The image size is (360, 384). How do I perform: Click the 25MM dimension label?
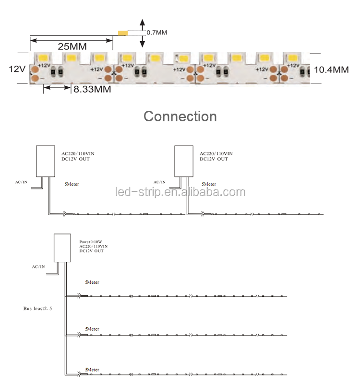point(72,47)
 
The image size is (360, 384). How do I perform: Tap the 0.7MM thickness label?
point(156,33)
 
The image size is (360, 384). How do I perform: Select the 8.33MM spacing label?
point(92,89)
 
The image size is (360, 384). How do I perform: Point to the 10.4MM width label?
point(331,70)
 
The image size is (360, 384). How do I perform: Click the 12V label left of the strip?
point(17,69)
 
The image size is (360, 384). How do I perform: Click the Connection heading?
point(180,116)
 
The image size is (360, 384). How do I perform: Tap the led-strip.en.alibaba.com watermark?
point(180,192)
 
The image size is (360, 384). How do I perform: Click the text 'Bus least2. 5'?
point(37,309)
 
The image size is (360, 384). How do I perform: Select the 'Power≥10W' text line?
point(91,242)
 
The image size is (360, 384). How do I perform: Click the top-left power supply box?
point(46,161)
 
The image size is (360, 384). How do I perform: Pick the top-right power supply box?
point(184,161)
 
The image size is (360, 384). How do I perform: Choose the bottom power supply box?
point(62,248)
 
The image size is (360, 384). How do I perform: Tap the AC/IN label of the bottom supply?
point(38,267)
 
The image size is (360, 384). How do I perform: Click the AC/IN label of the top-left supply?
point(21,182)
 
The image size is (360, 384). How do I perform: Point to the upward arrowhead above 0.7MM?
point(142,22)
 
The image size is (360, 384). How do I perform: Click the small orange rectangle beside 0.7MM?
point(123,33)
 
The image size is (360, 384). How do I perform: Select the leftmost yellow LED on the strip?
point(43,58)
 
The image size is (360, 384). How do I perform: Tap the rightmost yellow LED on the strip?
point(293,58)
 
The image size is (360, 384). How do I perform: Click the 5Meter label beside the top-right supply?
point(209,184)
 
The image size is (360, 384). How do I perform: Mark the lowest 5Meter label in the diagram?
point(92,370)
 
